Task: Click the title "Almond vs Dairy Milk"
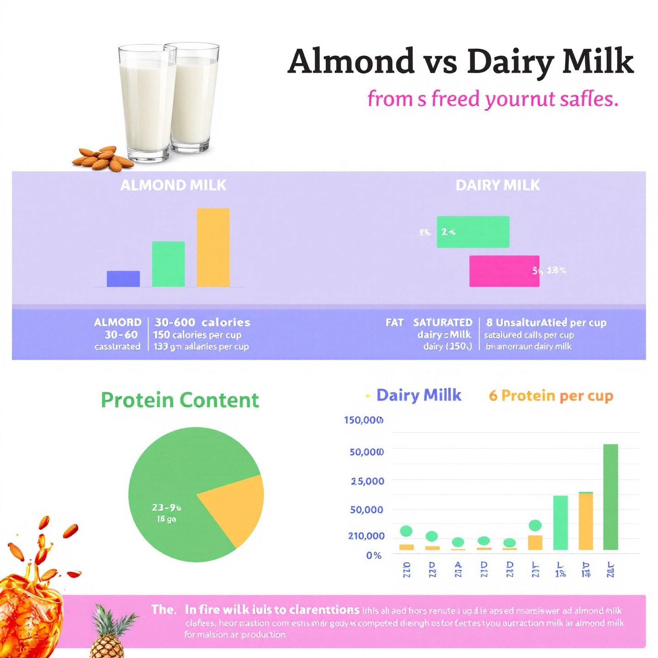click(x=461, y=62)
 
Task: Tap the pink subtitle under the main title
click(x=493, y=99)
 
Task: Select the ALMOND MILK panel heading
click(x=173, y=185)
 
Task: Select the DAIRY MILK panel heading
click(x=498, y=185)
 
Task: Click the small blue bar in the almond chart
click(x=123, y=279)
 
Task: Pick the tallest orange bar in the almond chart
click(x=213, y=247)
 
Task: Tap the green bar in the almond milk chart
click(x=168, y=264)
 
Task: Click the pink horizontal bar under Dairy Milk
click(x=504, y=271)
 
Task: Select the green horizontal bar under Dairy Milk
click(x=473, y=232)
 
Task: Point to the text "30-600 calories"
click(x=202, y=323)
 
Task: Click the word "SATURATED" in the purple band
click(x=442, y=323)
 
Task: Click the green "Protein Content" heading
click(x=180, y=400)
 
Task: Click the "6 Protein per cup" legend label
click(x=551, y=396)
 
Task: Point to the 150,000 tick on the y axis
click(x=364, y=420)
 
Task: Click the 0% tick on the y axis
click(x=373, y=556)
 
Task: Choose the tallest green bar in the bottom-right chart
click(x=610, y=497)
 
